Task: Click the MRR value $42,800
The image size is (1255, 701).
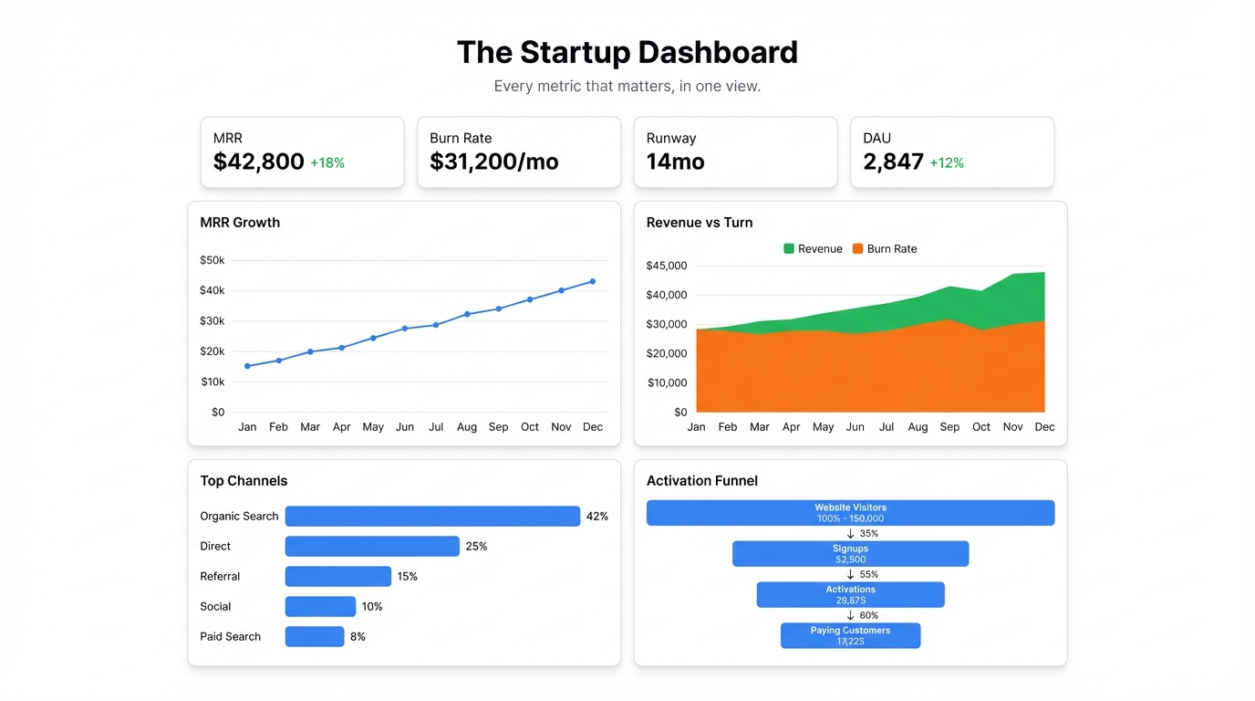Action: [258, 162]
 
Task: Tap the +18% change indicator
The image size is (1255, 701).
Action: [327, 163]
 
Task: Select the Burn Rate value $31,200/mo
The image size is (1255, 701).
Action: [493, 162]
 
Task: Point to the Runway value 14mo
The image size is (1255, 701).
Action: [675, 162]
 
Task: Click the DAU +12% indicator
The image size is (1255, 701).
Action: [946, 163]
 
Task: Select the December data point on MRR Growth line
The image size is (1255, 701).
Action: [593, 281]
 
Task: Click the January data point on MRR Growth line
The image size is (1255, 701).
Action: [247, 366]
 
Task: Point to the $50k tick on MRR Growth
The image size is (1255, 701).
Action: [212, 260]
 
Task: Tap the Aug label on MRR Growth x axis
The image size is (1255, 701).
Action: [466, 427]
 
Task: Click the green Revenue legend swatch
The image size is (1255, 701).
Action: [789, 248]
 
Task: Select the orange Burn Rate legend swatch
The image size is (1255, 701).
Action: [857, 248]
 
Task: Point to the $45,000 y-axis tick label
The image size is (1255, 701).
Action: [666, 266]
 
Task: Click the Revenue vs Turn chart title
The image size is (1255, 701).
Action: [699, 223]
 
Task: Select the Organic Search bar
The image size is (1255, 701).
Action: [432, 517]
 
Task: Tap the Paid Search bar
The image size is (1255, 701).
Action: [315, 637]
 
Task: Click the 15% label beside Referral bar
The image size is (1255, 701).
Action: [407, 577]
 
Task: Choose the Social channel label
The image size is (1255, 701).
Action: [215, 607]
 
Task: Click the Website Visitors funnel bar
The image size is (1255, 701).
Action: [850, 513]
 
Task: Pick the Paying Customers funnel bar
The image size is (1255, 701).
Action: [850, 636]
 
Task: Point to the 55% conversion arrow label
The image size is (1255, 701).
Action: [867, 575]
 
